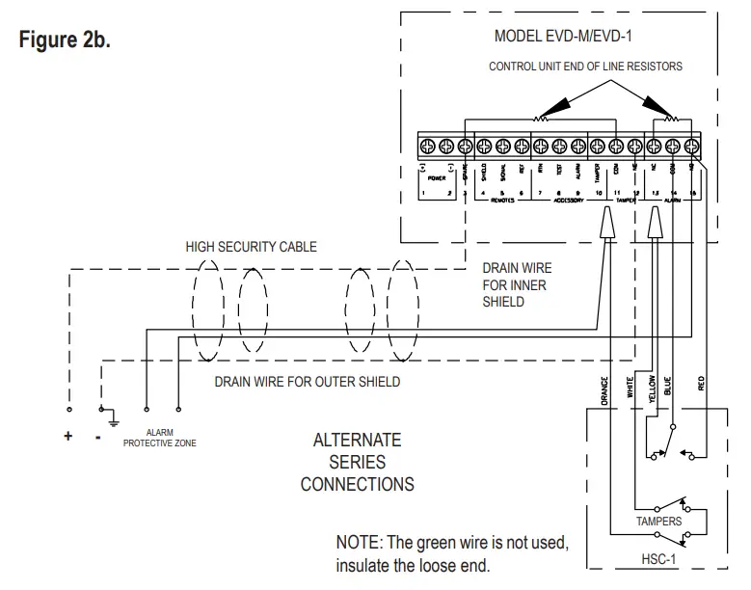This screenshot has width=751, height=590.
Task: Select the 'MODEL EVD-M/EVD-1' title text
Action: coord(563,36)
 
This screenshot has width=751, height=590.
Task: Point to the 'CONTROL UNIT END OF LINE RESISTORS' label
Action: coord(585,67)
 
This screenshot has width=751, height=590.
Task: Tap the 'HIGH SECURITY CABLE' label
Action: coord(251,247)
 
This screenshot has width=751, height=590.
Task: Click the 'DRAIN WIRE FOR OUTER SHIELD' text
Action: coord(307,382)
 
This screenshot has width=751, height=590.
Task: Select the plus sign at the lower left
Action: coord(68,436)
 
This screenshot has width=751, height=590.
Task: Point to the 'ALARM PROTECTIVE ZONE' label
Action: coord(160,439)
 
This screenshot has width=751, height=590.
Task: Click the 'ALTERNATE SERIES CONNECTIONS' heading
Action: coord(357,462)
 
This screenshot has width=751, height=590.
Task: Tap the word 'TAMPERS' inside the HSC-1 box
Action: coord(658,522)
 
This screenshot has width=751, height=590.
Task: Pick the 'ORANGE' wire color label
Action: coord(603,389)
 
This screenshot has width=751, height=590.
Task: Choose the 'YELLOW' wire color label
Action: coord(653,388)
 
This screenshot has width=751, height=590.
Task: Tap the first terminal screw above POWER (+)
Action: coord(426,146)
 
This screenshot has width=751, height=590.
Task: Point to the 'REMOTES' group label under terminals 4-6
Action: coord(502,201)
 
